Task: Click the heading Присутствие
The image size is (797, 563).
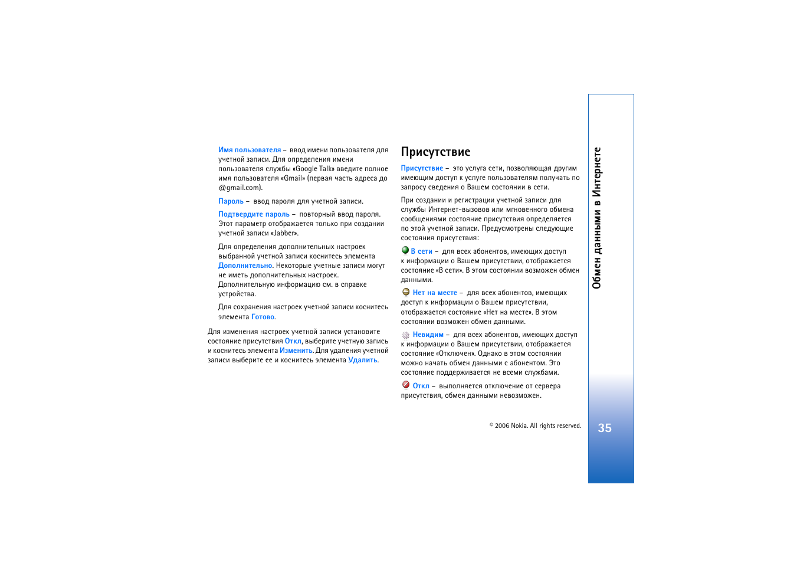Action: (435, 152)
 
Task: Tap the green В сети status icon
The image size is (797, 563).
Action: (405, 250)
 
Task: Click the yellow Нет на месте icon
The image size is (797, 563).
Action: (406, 292)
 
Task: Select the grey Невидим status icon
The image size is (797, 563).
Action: (406, 335)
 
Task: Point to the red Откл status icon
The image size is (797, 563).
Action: (406, 385)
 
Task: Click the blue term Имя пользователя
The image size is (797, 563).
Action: (250, 150)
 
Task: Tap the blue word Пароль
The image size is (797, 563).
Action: (231, 201)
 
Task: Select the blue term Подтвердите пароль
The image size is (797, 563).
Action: (254, 214)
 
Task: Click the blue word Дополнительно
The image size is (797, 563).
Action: (245, 266)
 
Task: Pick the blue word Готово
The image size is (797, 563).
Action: (263, 317)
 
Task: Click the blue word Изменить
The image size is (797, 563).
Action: (296, 351)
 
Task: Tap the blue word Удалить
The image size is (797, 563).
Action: (363, 360)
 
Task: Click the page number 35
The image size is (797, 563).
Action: (605, 428)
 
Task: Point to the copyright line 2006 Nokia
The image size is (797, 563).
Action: (535, 425)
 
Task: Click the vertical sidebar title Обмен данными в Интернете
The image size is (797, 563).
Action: (597, 218)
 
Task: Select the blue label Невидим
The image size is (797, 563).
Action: (428, 335)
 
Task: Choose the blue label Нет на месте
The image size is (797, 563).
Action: (435, 293)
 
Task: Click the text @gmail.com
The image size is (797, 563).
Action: (240, 188)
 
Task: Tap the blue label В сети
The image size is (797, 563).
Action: (422, 251)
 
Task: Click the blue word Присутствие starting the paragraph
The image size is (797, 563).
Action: (422, 168)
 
